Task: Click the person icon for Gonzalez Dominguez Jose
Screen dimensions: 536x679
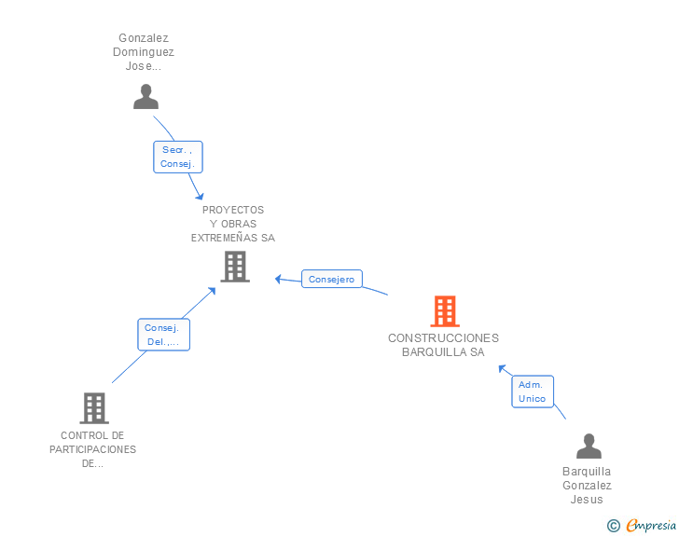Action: [x=145, y=96]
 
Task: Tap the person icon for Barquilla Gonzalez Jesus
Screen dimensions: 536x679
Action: [x=589, y=447]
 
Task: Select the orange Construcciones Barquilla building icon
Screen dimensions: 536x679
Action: [x=445, y=311]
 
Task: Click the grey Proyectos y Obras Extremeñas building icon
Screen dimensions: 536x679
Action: [x=234, y=267]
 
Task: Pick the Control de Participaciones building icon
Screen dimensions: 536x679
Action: [x=93, y=408]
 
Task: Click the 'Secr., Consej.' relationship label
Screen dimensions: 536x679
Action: [x=178, y=157]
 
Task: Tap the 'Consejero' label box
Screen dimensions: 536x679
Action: [x=331, y=279]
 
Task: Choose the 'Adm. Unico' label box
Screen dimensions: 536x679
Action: [x=532, y=392]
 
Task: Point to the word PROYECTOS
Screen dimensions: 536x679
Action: [x=233, y=210]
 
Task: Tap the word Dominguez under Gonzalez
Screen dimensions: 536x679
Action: [x=145, y=52]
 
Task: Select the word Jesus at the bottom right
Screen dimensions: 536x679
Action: [x=587, y=499]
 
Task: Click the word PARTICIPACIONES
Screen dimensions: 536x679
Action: [x=92, y=449]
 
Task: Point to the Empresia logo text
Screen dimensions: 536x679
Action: [x=651, y=525]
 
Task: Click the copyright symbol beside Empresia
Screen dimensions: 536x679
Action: [x=613, y=526]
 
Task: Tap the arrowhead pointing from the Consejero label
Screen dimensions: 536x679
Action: [x=279, y=278]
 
